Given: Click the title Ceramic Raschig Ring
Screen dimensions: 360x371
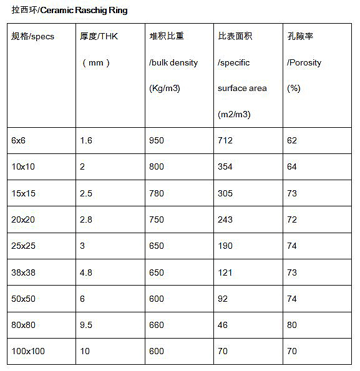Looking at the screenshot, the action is click(x=69, y=11).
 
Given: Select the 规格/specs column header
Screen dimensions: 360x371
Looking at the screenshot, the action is click(x=33, y=37).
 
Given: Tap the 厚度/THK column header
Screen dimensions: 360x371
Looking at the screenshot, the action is click(x=99, y=37).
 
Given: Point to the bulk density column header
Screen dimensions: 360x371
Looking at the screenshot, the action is click(x=173, y=62).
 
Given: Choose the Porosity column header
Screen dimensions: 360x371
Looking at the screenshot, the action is click(x=304, y=62).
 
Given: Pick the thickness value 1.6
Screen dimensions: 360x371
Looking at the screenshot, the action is click(x=86, y=141).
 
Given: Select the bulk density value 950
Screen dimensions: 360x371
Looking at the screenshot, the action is click(x=157, y=141).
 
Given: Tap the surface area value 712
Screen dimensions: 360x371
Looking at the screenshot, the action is click(x=225, y=141).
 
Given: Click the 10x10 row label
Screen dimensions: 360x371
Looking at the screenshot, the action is click(x=23, y=167).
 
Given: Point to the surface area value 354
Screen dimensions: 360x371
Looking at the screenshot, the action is click(x=225, y=167).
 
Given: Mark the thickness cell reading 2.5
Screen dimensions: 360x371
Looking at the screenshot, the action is click(x=86, y=193).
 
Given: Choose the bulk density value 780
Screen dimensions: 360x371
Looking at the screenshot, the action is click(x=157, y=193).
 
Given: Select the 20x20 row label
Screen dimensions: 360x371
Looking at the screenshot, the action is click(x=23, y=219).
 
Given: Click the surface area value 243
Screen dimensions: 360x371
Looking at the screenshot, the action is click(x=225, y=219).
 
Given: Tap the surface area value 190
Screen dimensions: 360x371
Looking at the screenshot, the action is click(x=225, y=246).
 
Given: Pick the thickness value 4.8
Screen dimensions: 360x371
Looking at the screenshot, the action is click(x=86, y=272).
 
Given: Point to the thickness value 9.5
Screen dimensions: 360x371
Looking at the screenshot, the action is click(x=86, y=325).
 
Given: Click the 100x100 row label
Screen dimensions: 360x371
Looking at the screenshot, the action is click(x=28, y=352).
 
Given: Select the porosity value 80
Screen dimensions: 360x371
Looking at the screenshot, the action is click(x=292, y=325).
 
